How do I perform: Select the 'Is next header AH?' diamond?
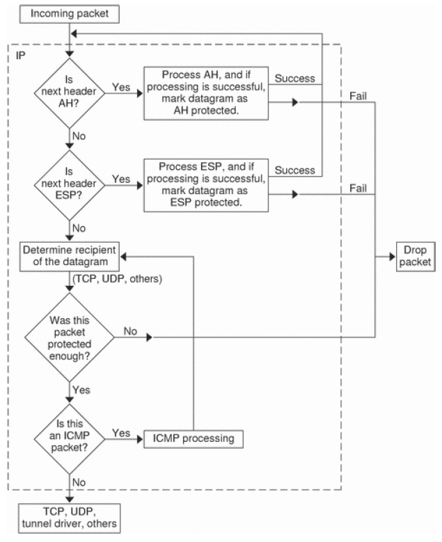[70, 88]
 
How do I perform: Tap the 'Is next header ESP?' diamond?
[70, 180]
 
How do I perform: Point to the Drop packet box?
[414, 256]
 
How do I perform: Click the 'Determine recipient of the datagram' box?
[70, 256]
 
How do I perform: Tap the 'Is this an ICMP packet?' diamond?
[70, 438]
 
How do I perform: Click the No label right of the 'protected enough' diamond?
[129, 332]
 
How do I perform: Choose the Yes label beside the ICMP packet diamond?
[121, 433]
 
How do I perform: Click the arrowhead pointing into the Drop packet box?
[390, 256]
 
